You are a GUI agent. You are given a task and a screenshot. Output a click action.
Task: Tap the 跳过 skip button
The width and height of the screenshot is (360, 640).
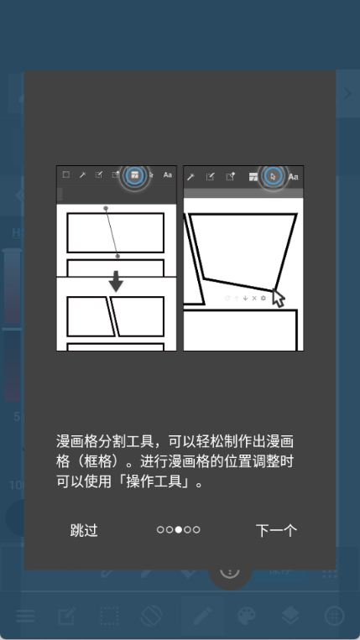pyautogui.click(x=84, y=530)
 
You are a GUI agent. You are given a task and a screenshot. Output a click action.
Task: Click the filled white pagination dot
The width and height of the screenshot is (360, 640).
pyautogui.click(x=179, y=530)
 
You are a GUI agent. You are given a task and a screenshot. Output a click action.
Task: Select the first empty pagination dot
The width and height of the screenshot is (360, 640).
pyautogui.click(x=160, y=530)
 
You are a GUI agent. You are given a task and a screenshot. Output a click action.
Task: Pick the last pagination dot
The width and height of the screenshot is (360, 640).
pyautogui.click(x=196, y=530)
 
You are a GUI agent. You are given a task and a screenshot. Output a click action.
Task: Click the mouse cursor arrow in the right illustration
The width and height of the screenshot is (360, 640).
pyautogui.click(x=278, y=298)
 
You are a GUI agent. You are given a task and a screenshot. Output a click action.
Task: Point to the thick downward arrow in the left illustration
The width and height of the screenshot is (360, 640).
pyautogui.click(x=117, y=281)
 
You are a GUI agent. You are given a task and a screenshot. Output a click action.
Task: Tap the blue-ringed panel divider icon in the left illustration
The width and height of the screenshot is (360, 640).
pyautogui.click(x=134, y=175)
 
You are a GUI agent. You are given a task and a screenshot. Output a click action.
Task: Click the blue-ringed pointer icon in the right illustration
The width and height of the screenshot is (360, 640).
pyautogui.click(x=274, y=176)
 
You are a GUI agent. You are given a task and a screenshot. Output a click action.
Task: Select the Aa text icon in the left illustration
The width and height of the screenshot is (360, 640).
pyautogui.click(x=167, y=174)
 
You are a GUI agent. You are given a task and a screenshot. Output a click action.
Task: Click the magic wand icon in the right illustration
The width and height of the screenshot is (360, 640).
pyautogui.click(x=190, y=176)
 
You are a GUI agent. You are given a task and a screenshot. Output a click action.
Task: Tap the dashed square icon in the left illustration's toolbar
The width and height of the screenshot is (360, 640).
pyautogui.click(x=65, y=174)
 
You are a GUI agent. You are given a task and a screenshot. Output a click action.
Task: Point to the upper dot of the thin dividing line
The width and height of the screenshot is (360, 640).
pyautogui.click(x=106, y=208)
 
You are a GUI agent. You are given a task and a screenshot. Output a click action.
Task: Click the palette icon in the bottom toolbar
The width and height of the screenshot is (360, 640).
pyautogui.click(x=247, y=616)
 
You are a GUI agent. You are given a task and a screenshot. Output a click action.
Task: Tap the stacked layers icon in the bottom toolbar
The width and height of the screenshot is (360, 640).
pyautogui.click(x=290, y=616)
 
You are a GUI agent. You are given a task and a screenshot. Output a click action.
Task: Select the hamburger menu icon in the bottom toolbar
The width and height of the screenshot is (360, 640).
pyautogui.click(x=25, y=616)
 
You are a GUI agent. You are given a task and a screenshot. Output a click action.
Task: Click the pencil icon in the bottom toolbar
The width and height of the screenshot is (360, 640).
pyautogui.click(x=203, y=616)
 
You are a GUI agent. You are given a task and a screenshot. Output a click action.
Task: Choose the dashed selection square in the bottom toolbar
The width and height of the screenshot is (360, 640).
pyautogui.click(x=109, y=616)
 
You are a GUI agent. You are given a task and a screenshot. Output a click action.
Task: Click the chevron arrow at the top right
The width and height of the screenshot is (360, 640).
pyautogui.click(x=347, y=93)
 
